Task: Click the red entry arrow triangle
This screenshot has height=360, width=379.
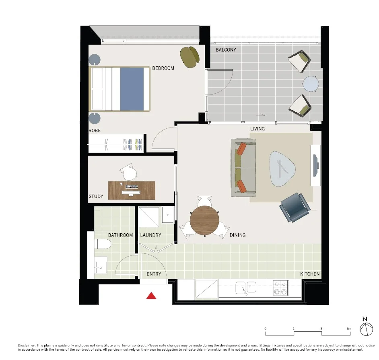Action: tap(151, 296)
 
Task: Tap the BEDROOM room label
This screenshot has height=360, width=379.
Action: tap(163, 68)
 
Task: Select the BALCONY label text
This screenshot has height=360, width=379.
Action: tap(226, 50)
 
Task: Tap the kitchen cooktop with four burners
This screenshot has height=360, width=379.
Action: tap(280, 288)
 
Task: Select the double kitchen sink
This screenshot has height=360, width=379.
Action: tap(246, 288)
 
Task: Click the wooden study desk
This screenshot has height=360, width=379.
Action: tap(131, 190)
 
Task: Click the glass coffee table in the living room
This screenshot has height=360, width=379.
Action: tap(285, 169)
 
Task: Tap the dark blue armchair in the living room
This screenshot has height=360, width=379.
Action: tap(295, 207)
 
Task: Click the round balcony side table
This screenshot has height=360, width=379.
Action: tap(311, 84)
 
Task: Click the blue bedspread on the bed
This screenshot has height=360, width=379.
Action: tap(132, 89)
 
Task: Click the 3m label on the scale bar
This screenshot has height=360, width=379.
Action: tap(348, 329)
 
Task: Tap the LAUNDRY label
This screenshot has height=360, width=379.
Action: tap(150, 235)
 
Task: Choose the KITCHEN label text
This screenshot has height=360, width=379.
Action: tap(310, 274)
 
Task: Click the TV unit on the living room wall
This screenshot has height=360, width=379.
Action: tap(316, 165)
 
